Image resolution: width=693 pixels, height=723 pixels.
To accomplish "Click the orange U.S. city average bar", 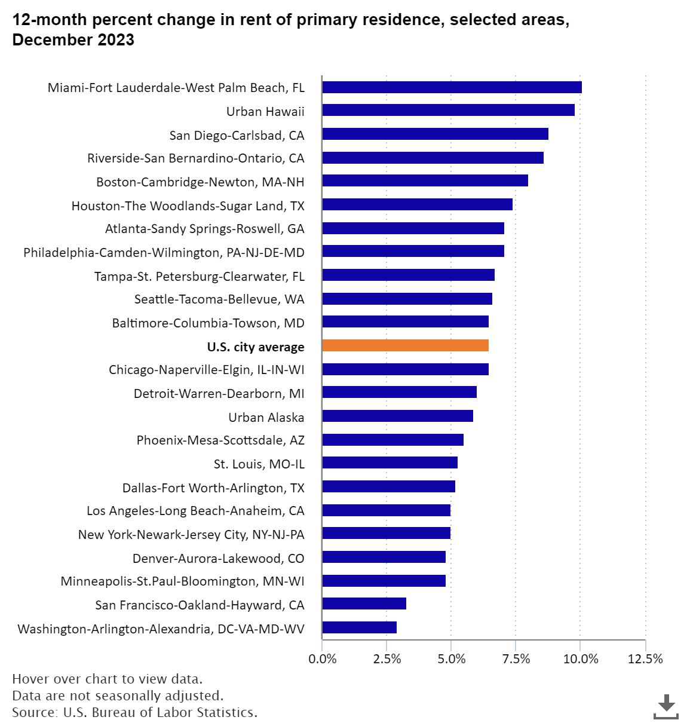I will click(x=405, y=345).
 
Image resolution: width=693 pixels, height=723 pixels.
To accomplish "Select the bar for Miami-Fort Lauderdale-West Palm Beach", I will click(x=452, y=87).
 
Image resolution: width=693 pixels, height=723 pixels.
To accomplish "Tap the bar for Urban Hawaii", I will click(x=448, y=111).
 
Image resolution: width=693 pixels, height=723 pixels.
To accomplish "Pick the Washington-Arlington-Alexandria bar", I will click(x=359, y=627).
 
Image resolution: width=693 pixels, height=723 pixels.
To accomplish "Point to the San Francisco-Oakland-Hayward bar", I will click(x=364, y=604).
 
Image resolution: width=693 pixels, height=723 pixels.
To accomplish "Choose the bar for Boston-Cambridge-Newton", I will click(x=425, y=181).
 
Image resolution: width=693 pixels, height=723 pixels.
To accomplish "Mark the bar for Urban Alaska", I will click(x=397, y=416).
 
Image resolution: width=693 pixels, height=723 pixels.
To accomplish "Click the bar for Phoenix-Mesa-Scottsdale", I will click(x=393, y=440).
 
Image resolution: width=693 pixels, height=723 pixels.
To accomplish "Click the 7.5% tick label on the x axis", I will click(x=516, y=659).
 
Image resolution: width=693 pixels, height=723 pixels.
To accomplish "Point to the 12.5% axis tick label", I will click(x=645, y=659).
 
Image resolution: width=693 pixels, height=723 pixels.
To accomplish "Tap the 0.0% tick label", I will click(x=322, y=659).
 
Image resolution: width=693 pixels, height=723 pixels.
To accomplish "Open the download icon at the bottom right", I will click(x=666, y=706).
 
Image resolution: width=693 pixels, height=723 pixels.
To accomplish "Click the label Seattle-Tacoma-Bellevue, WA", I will click(x=219, y=299).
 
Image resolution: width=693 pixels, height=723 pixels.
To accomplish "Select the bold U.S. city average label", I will click(x=256, y=347).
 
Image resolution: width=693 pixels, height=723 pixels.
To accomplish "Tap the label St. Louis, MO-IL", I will click(x=259, y=464).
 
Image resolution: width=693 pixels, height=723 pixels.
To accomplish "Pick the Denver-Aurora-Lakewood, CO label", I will click(x=218, y=558).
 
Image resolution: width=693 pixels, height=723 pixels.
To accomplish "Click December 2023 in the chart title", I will click(x=73, y=41).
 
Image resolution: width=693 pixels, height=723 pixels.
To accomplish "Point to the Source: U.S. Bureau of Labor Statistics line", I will click(x=134, y=712).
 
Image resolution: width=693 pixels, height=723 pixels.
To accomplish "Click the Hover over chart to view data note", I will click(x=107, y=679).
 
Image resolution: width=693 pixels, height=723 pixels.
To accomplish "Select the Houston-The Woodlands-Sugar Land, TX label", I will click(x=188, y=206).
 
